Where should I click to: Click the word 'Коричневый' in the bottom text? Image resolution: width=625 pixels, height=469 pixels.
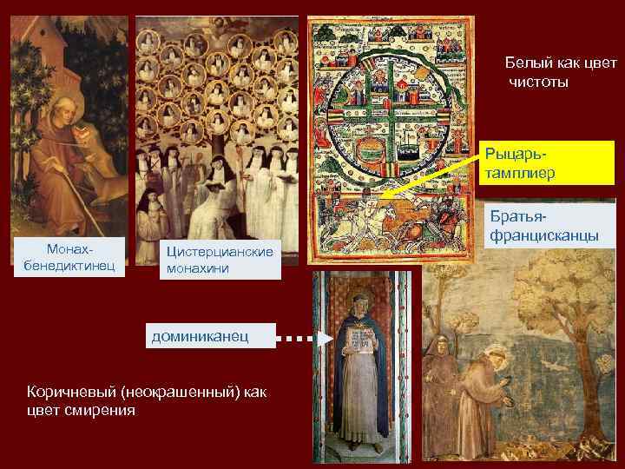(74, 393)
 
